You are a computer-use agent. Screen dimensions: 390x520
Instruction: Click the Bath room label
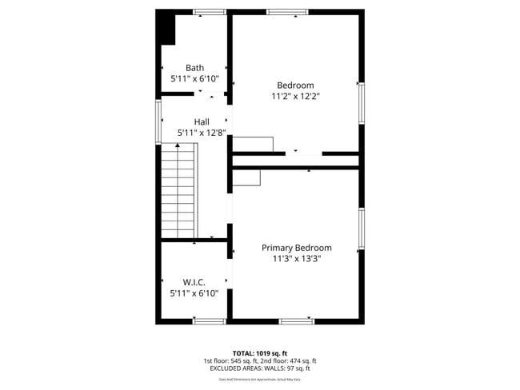point(194,68)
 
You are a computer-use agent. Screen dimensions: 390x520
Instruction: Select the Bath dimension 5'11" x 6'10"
point(194,79)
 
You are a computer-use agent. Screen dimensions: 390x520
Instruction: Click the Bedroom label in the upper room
point(295,85)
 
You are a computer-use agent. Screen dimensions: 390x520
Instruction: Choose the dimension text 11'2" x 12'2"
point(295,96)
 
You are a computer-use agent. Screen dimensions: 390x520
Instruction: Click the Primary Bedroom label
point(296,248)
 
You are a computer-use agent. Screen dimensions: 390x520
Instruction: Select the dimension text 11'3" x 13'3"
point(296,259)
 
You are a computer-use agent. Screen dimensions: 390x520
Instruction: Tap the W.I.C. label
point(194,282)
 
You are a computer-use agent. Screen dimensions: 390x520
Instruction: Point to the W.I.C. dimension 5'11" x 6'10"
point(194,293)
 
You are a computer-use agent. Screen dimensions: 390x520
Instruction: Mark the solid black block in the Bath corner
point(166,28)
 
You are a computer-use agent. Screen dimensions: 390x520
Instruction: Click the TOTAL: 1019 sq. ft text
point(259,352)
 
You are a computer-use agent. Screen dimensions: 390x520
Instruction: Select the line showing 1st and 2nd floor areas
point(259,360)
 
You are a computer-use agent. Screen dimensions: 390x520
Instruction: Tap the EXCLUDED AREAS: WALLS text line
point(259,368)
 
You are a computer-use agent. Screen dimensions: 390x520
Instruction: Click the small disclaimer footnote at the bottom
point(259,379)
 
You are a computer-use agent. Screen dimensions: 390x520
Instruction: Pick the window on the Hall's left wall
point(158,121)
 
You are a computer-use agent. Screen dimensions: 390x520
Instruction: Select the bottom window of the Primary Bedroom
point(297,321)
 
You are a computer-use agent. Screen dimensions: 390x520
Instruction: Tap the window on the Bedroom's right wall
point(362,103)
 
